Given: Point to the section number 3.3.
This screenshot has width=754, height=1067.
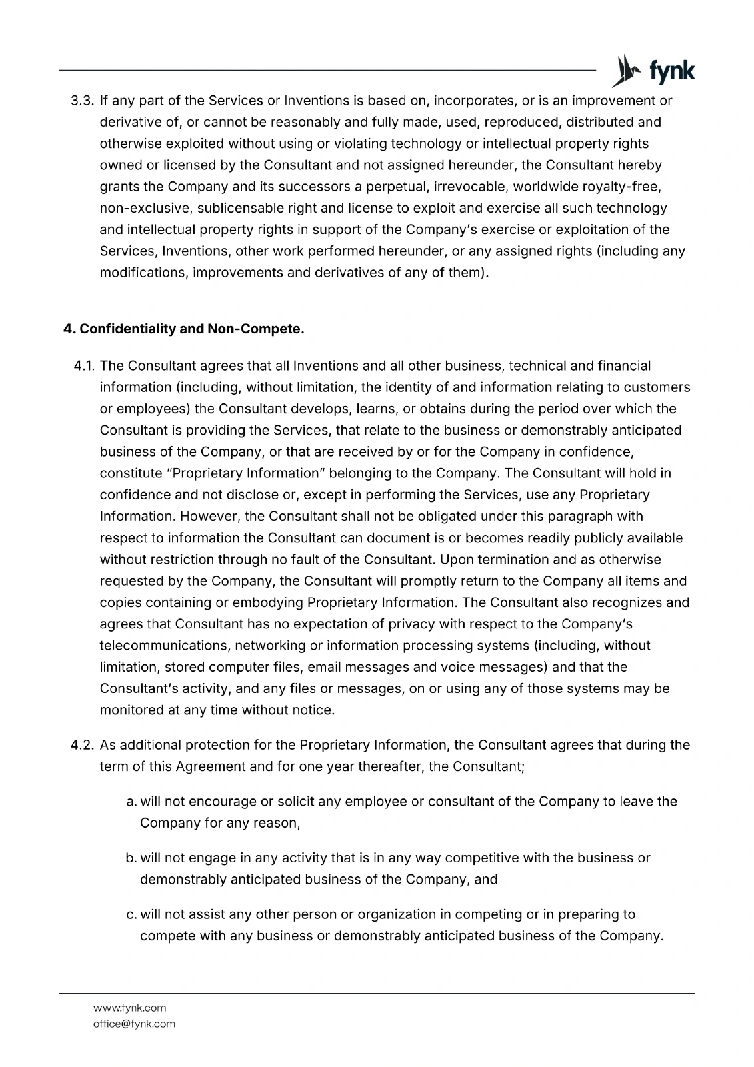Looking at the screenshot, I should pos(83,101).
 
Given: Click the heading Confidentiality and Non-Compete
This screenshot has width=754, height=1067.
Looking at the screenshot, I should pos(184,329).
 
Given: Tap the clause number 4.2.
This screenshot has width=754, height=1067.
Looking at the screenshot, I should pos(83,745).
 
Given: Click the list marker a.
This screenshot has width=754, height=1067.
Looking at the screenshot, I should pos(131,802).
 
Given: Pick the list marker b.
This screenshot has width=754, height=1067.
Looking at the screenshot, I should pos(131,858).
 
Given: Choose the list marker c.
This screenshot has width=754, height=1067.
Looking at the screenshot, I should pos(131,915).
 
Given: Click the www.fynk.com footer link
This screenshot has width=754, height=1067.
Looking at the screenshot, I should pos(129,1008).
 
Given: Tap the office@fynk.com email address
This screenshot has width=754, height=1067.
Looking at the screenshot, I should pos(134,1024).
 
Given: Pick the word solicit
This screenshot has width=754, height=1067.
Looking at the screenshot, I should pos(295,802).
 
